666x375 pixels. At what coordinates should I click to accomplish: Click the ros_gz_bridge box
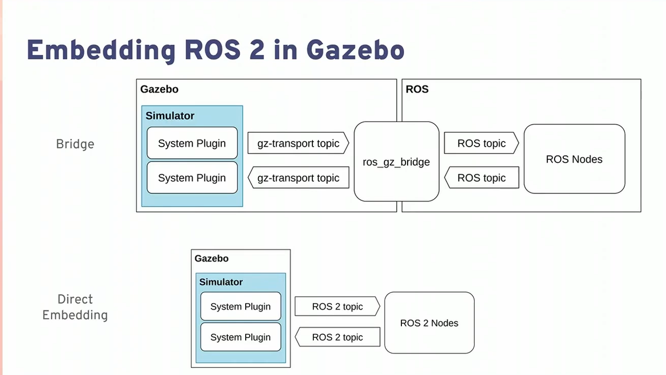pos(396,162)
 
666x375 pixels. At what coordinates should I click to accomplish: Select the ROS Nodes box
pos(574,159)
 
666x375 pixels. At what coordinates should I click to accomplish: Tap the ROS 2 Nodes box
pos(429,323)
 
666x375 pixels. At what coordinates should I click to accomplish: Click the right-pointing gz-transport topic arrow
pos(298,143)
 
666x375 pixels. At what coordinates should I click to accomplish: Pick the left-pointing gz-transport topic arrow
pos(298,178)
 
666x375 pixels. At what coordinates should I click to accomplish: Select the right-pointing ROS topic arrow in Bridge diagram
pos(481,143)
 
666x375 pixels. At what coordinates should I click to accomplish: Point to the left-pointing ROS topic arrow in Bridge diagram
pos(481,178)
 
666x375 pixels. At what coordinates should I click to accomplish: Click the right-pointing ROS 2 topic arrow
pos(337,307)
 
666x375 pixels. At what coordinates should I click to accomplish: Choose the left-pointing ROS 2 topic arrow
pos(337,337)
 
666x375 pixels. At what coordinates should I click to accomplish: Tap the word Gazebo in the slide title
pos(355,50)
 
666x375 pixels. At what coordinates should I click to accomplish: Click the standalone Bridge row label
pos(75,144)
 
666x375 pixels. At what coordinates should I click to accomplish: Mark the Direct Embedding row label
pos(75,307)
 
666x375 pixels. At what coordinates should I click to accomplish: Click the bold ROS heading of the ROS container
pos(417,90)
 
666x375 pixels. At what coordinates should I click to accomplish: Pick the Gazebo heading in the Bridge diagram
pos(159,90)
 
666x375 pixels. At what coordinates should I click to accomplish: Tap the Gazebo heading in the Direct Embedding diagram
pos(212,258)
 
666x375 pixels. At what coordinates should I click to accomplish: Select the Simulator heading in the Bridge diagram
pos(170,116)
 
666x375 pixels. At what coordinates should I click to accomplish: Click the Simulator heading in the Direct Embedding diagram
pos(221,282)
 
